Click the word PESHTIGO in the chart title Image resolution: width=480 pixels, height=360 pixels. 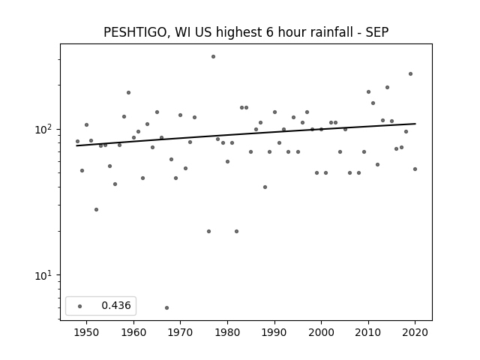pyautogui.click(x=135, y=32)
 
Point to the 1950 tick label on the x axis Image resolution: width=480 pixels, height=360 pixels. pyautogui.click(x=87, y=332)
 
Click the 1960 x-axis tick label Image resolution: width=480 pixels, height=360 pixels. pyautogui.click(x=133, y=332)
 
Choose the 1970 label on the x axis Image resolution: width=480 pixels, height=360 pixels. pyautogui.click(x=181, y=332)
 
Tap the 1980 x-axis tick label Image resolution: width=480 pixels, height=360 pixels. pyautogui.click(x=227, y=332)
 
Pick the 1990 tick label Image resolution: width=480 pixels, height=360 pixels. pyautogui.click(x=274, y=332)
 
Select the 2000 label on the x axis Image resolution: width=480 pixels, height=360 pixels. pyautogui.click(x=322, y=332)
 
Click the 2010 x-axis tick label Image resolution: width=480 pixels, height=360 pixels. pyautogui.click(x=368, y=332)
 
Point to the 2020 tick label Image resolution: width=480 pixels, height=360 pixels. pyautogui.click(x=415, y=332)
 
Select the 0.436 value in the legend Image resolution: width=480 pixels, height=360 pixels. pyautogui.click(x=116, y=305)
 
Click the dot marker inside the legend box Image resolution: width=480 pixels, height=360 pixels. pyautogui.click(x=80, y=306)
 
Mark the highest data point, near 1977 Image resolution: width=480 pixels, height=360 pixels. pyautogui.click(x=213, y=57)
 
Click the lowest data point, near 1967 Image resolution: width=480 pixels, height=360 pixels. pyautogui.click(x=166, y=307)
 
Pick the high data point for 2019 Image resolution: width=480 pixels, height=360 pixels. pyautogui.click(x=410, y=73)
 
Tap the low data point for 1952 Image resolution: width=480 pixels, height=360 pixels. pyautogui.click(x=97, y=210)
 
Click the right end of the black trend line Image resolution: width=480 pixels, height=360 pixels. pyautogui.click(x=415, y=124)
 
